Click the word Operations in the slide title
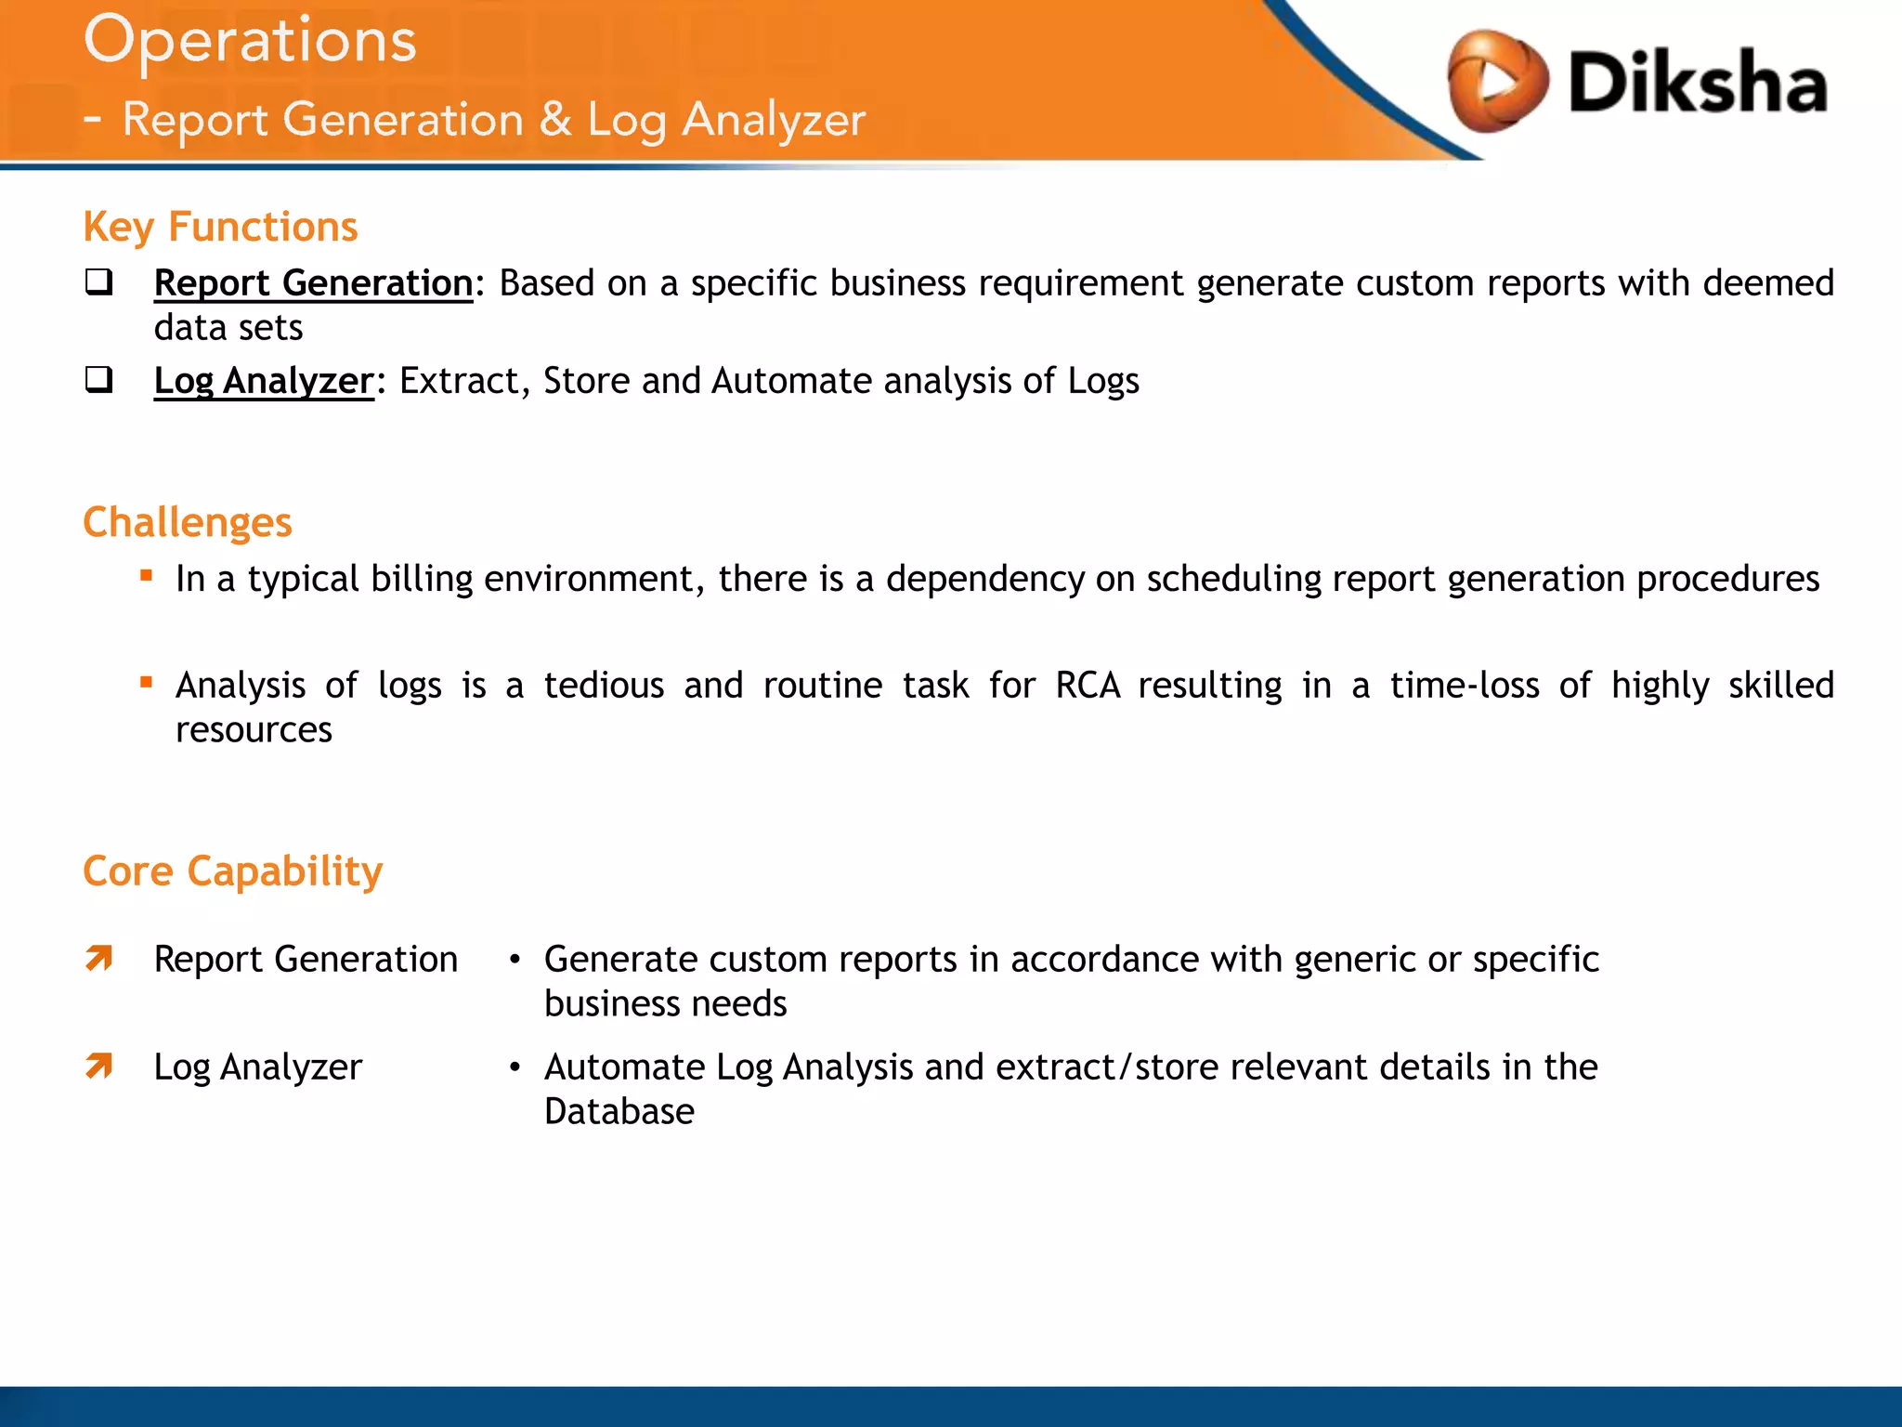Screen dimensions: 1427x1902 point(250,42)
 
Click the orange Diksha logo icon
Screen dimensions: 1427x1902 point(1496,82)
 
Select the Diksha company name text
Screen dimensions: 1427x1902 point(1698,84)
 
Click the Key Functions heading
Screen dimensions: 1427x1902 point(220,228)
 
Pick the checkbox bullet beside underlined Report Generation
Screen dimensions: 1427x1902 point(98,281)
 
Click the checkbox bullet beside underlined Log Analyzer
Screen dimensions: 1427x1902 point(98,379)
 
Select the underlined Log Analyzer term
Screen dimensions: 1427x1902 point(264,382)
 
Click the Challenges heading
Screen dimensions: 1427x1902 point(188,523)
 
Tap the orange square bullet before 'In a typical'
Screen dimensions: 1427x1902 point(146,575)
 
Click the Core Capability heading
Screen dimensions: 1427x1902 point(232,872)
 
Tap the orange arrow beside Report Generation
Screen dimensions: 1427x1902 point(99,958)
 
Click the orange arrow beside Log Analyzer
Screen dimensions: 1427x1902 point(99,1066)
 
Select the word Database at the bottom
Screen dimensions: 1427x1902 point(619,1112)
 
